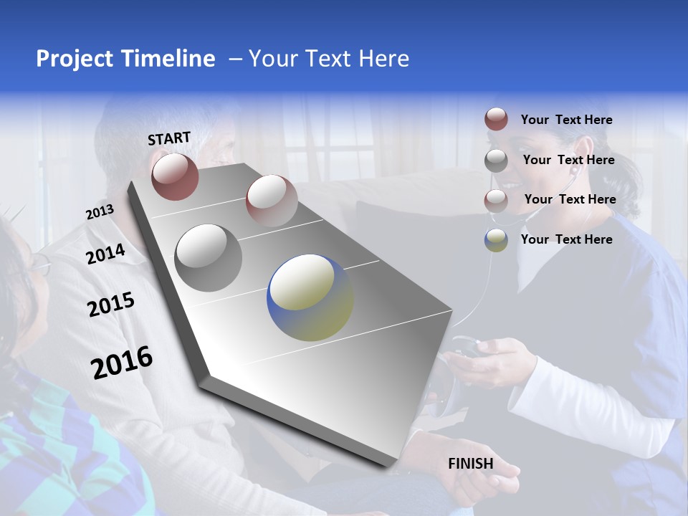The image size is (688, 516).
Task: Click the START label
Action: pyautogui.click(x=169, y=138)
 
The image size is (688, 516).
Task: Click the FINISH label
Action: pyautogui.click(x=471, y=464)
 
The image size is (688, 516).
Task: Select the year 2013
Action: pyautogui.click(x=100, y=212)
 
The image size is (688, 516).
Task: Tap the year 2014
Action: pyautogui.click(x=105, y=254)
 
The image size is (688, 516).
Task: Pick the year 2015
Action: pyautogui.click(x=111, y=305)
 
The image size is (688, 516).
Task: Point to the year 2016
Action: pyautogui.click(x=122, y=362)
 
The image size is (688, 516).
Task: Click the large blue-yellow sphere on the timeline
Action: pyautogui.click(x=310, y=297)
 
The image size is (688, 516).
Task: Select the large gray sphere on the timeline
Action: pyautogui.click(x=209, y=257)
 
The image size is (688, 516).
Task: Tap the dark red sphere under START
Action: pyautogui.click(x=175, y=176)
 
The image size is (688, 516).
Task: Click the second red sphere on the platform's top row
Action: pyautogui.click(x=272, y=200)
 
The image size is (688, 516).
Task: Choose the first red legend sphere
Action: pyautogui.click(x=496, y=119)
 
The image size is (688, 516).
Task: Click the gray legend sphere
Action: pyautogui.click(x=496, y=161)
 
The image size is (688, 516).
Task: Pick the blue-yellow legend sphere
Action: pyautogui.click(x=496, y=240)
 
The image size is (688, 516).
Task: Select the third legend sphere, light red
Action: pyautogui.click(x=496, y=200)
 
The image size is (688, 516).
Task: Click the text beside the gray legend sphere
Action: pyautogui.click(x=568, y=160)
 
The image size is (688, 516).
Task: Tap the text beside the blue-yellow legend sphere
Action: pyautogui.click(x=566, y=239)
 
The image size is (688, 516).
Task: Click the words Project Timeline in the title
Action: pyautogui.click(x=125, y=59)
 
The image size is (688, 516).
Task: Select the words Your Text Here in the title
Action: pyautogui.click(x=328, y=59)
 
